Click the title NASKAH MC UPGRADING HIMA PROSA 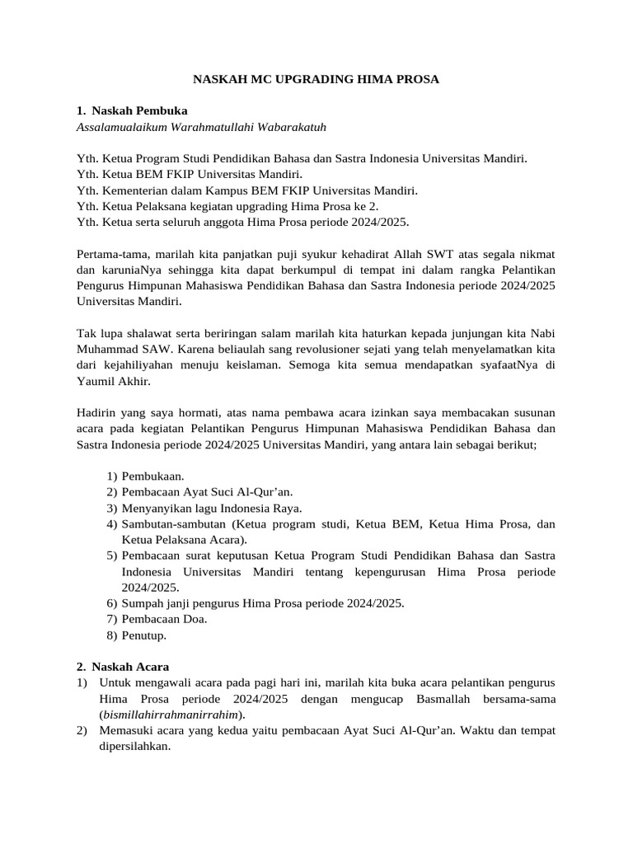pyautogui.click(x=316, y=79)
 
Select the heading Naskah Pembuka pyautogui.click(x=139, y=110)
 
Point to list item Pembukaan pyautogui.click(x=152, y=476)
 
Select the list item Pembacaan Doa pyautogui.click(x=164, y=618)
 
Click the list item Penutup pyautogui.click(x=144, y=635)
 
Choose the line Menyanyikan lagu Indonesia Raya pyautogui.click(x=212, y=508)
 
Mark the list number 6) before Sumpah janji pyautogui.click(x=112, y=603)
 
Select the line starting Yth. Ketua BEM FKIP pyautogui.click(x=189, y=174)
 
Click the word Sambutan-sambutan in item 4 pyautogui.click(x=174, y=524)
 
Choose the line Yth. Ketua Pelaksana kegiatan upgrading pyautogui.click(x=227, y=206)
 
